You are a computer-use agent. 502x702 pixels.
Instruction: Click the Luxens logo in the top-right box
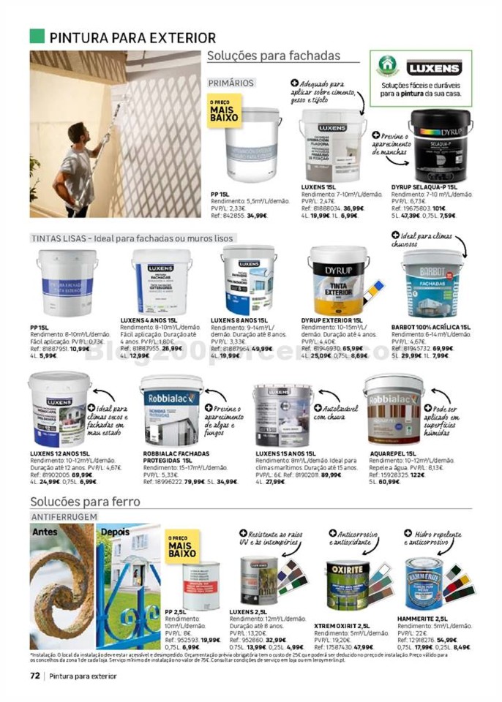[x=435, y=69]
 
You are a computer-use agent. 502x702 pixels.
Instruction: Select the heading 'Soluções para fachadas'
[x=274, y=56]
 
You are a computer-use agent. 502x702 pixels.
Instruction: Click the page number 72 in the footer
[x=34, y=675]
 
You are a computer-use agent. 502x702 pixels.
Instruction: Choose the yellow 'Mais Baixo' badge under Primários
[x=223, y=111]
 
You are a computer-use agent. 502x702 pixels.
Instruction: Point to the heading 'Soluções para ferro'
[x=85, y=502]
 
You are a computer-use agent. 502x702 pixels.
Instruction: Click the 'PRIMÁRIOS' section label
[x=231, y=83]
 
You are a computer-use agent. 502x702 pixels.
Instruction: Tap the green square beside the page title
[x=37, y=36]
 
